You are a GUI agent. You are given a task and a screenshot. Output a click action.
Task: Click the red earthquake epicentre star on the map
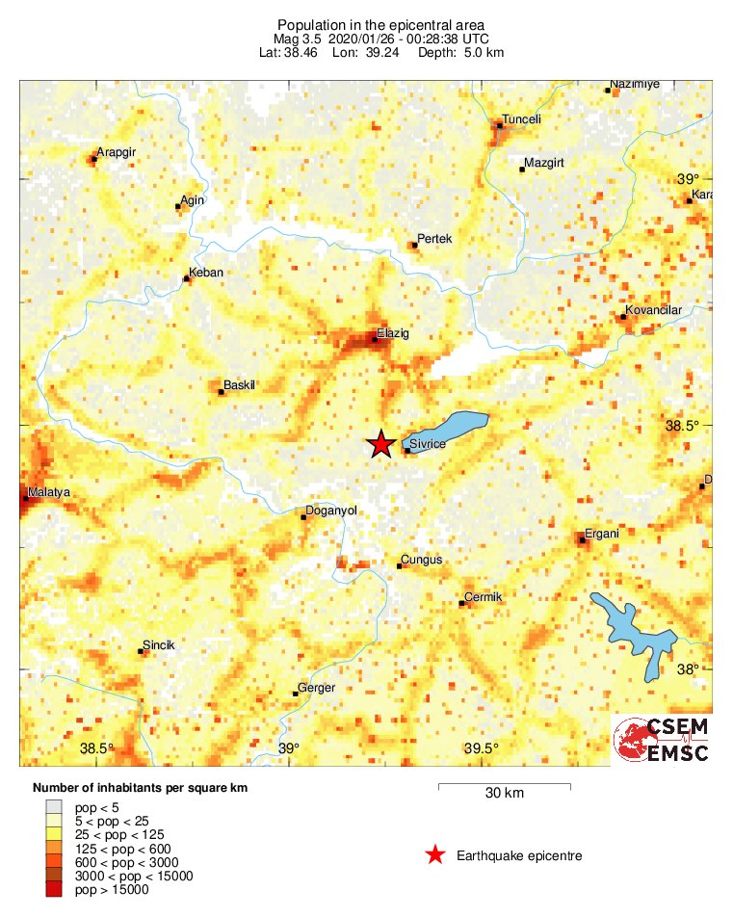[x=381, y=443]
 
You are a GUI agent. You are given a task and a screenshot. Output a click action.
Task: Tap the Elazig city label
[x=393, y=332]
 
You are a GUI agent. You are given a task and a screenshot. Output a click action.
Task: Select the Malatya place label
[x=49, y=492]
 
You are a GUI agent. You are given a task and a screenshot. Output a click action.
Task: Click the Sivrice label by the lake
[x=429, y=444]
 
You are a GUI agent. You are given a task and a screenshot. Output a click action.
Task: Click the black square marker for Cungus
[x=400, y=565]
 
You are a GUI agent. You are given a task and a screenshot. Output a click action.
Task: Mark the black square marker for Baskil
[x=221, y=392]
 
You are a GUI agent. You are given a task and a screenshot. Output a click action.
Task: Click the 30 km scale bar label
[x=504, y=794]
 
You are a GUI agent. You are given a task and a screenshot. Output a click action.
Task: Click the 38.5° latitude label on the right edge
[x=686, y=426]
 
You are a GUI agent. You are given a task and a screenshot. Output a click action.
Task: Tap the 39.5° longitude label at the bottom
[x=481, y=749]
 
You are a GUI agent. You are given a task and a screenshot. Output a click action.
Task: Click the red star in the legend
[x=435, y=854]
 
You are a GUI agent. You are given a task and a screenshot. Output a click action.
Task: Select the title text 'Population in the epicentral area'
[x=380, y=24]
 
